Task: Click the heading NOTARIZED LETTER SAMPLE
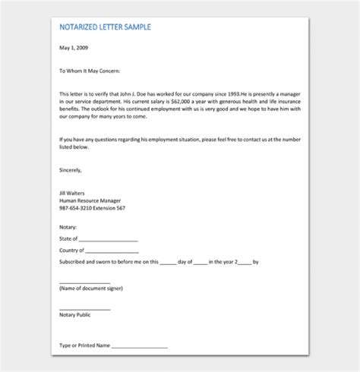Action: pos(105,27)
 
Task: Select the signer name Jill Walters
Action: pos(73,194)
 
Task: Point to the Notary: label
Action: pos(68,227)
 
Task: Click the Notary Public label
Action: pos(74,314)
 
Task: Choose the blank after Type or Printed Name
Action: pos(140,347)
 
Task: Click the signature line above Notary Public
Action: pos(84,307)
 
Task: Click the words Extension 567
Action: pos(111,209)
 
